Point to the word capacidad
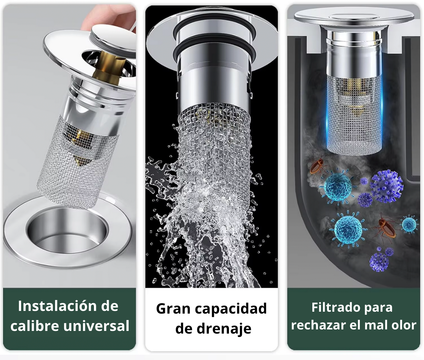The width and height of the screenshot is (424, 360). coord(230,309)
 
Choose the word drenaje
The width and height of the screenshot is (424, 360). coord(224,329)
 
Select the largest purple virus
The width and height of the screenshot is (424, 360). coord(386,186)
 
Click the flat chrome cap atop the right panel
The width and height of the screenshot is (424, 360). coord(354,17)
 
